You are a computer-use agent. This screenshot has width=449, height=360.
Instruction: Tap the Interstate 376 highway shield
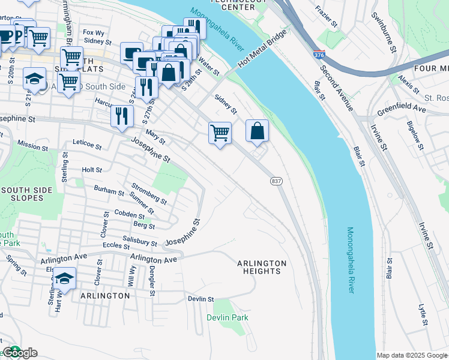[319, 55]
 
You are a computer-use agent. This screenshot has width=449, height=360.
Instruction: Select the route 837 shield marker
[276, 181]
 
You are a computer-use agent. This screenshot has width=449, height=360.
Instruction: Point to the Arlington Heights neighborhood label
[262, 268]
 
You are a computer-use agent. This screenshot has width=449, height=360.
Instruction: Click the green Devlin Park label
[228, 317]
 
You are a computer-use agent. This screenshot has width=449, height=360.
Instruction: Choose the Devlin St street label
[200, 299]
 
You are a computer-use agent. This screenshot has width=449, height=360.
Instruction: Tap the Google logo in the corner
[20, 353]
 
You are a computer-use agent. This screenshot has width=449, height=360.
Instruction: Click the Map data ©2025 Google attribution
[412, 355]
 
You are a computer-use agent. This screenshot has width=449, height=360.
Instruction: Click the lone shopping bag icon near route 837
[257, 131]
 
